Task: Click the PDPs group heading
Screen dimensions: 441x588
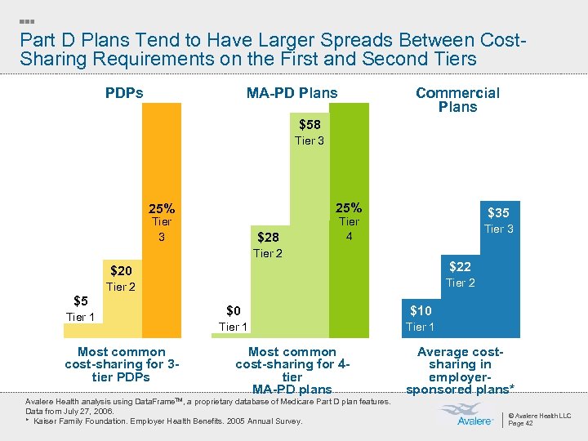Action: tap(124, 93)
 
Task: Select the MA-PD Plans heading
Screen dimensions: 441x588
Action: tap(292, 93)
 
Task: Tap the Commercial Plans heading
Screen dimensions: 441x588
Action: tap(457, 100)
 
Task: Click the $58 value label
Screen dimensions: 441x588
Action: tap(310, 125)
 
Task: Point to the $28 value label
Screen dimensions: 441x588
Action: tap(268, 238)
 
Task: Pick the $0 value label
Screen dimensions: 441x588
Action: tap(234, 311)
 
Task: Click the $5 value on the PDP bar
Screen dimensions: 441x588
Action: tap(80, 301)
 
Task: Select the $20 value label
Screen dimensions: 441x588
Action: tap(121, 271)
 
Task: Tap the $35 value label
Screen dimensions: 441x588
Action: tap(498, 213)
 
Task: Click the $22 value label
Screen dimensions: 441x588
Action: tap(460, 267)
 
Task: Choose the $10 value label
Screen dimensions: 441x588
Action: tap(421, 311)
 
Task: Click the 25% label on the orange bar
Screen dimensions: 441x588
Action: tap(161, 207)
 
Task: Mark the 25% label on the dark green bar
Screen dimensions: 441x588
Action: tap(349, 207)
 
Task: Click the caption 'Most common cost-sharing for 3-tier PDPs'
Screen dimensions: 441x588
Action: tap(122, 364)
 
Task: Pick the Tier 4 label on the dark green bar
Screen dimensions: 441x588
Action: tap(349, 229)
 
